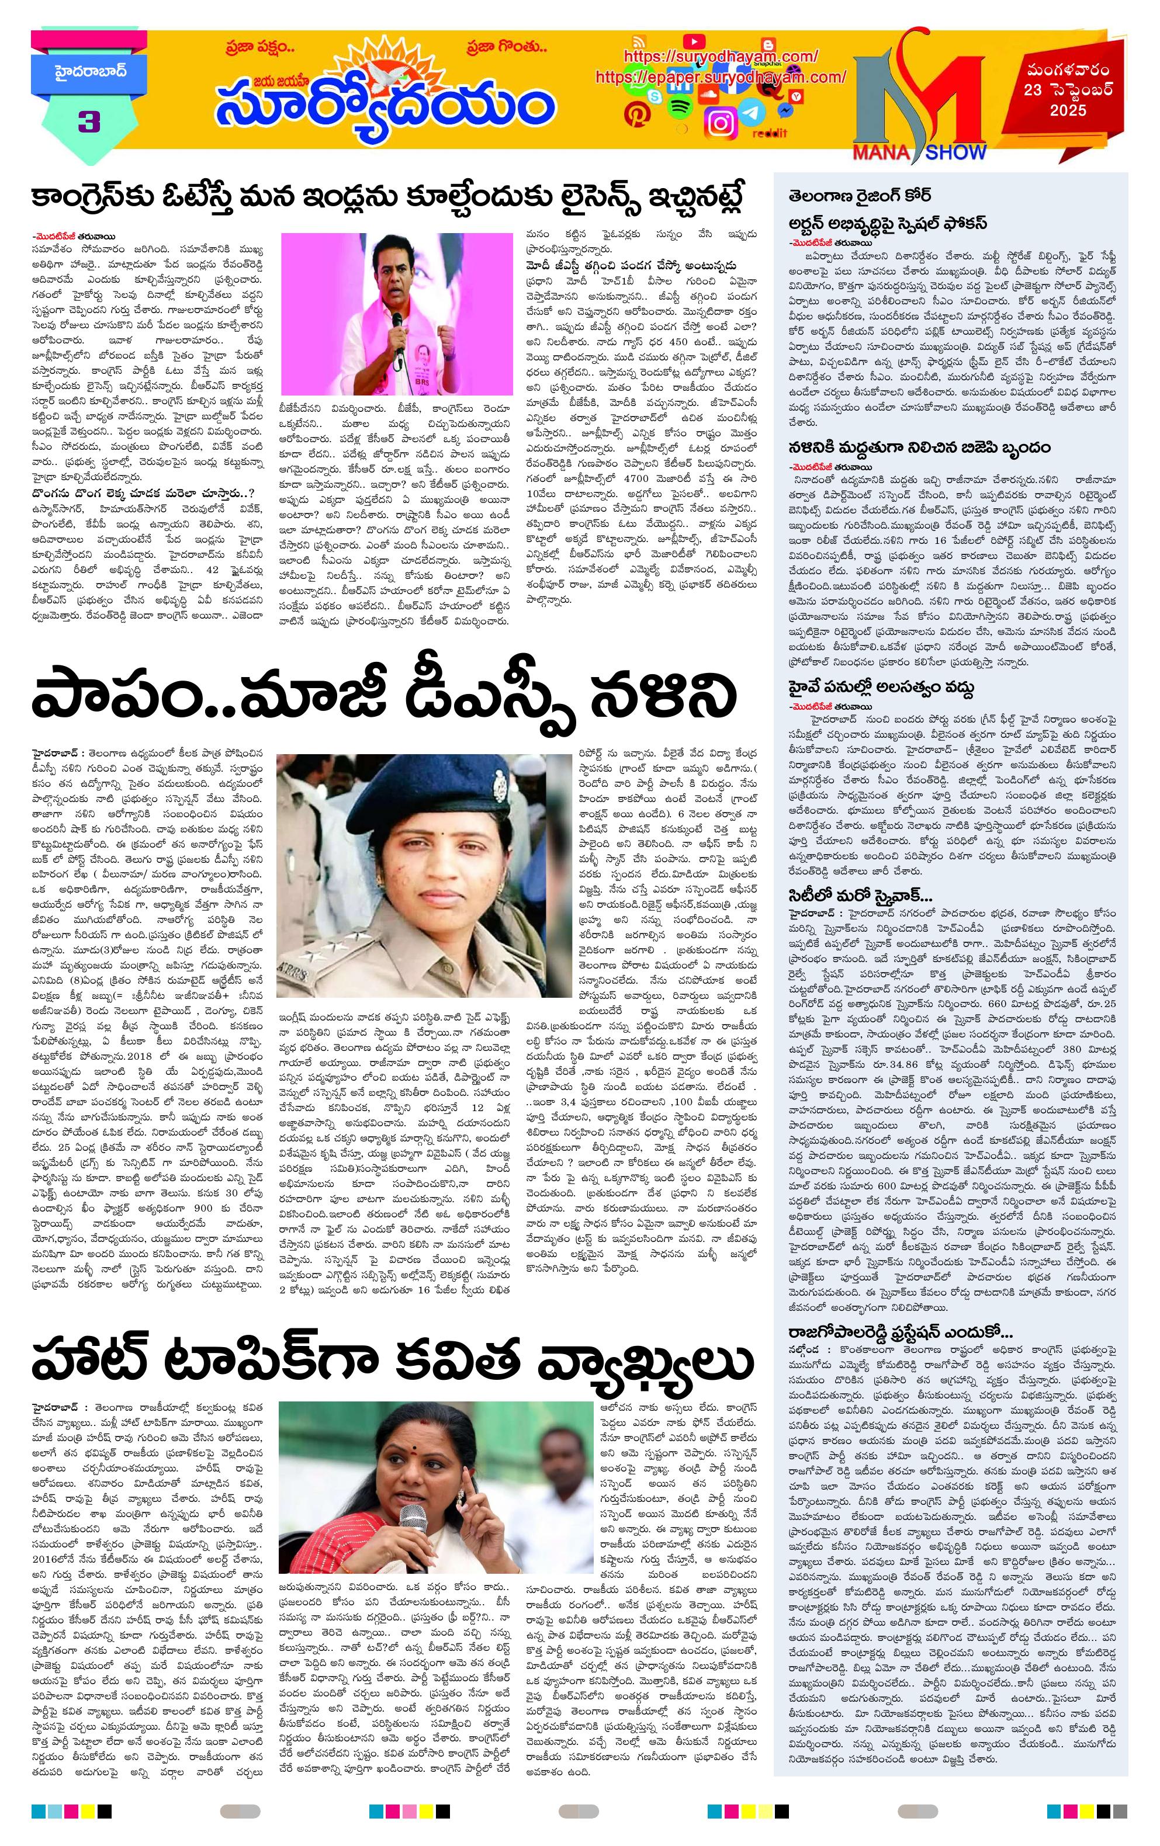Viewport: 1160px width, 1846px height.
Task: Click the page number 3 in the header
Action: point(88,122)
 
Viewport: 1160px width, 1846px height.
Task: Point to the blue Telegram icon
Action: point(754,113)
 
